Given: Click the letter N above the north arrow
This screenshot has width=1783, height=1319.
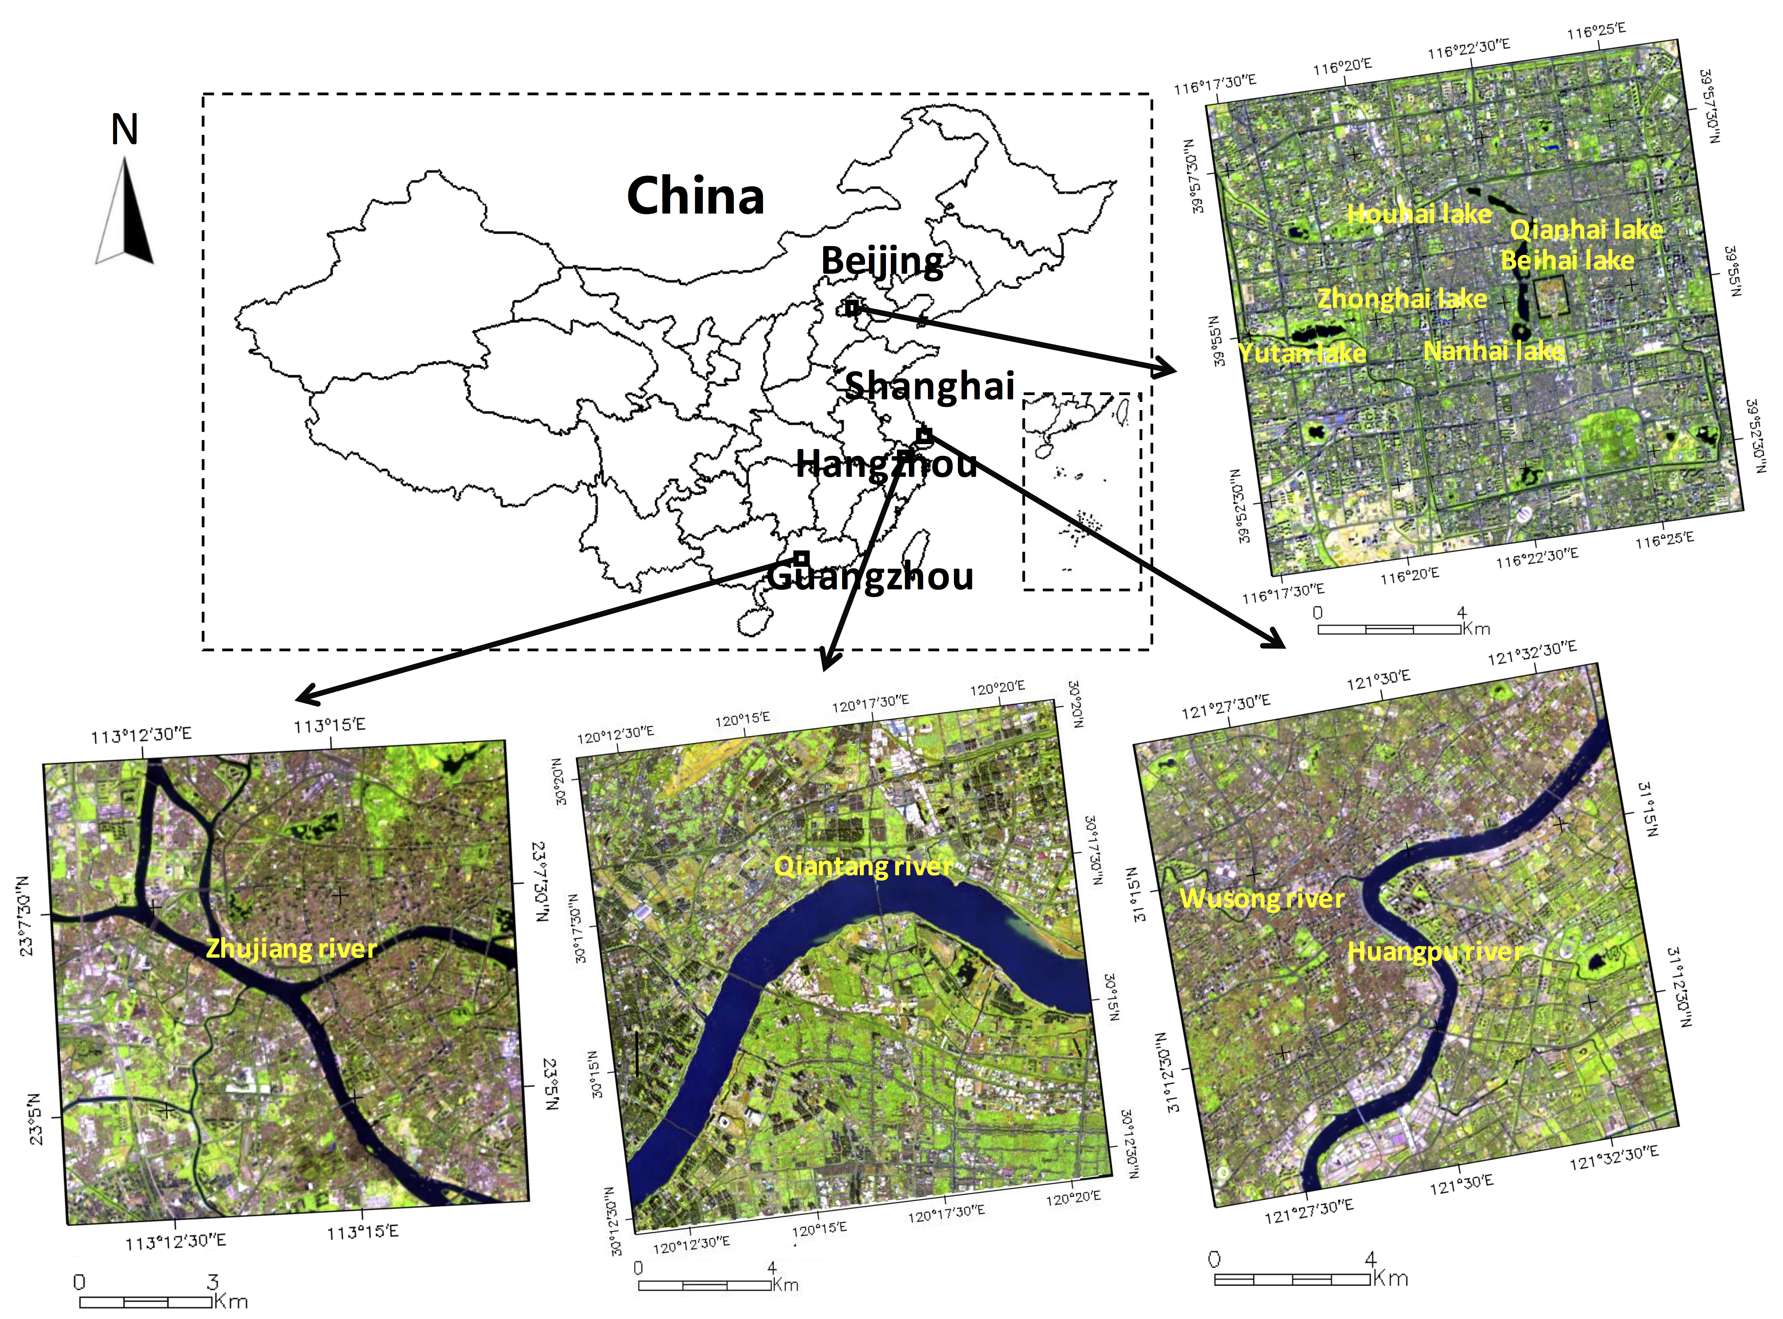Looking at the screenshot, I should pos(125,129).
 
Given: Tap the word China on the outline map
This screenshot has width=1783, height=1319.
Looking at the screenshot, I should pos(696,196).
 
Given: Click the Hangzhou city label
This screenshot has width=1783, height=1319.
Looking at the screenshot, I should pos(886,463).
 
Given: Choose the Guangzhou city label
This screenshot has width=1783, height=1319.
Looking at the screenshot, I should pos(870,576).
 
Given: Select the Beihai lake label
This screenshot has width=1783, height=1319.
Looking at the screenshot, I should pos(1567,260).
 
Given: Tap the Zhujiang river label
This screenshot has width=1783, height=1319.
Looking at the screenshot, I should pos(291,948).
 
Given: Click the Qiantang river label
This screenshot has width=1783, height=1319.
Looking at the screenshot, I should pos(862,866).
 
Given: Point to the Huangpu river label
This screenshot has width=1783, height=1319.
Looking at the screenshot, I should pos(1435,952).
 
